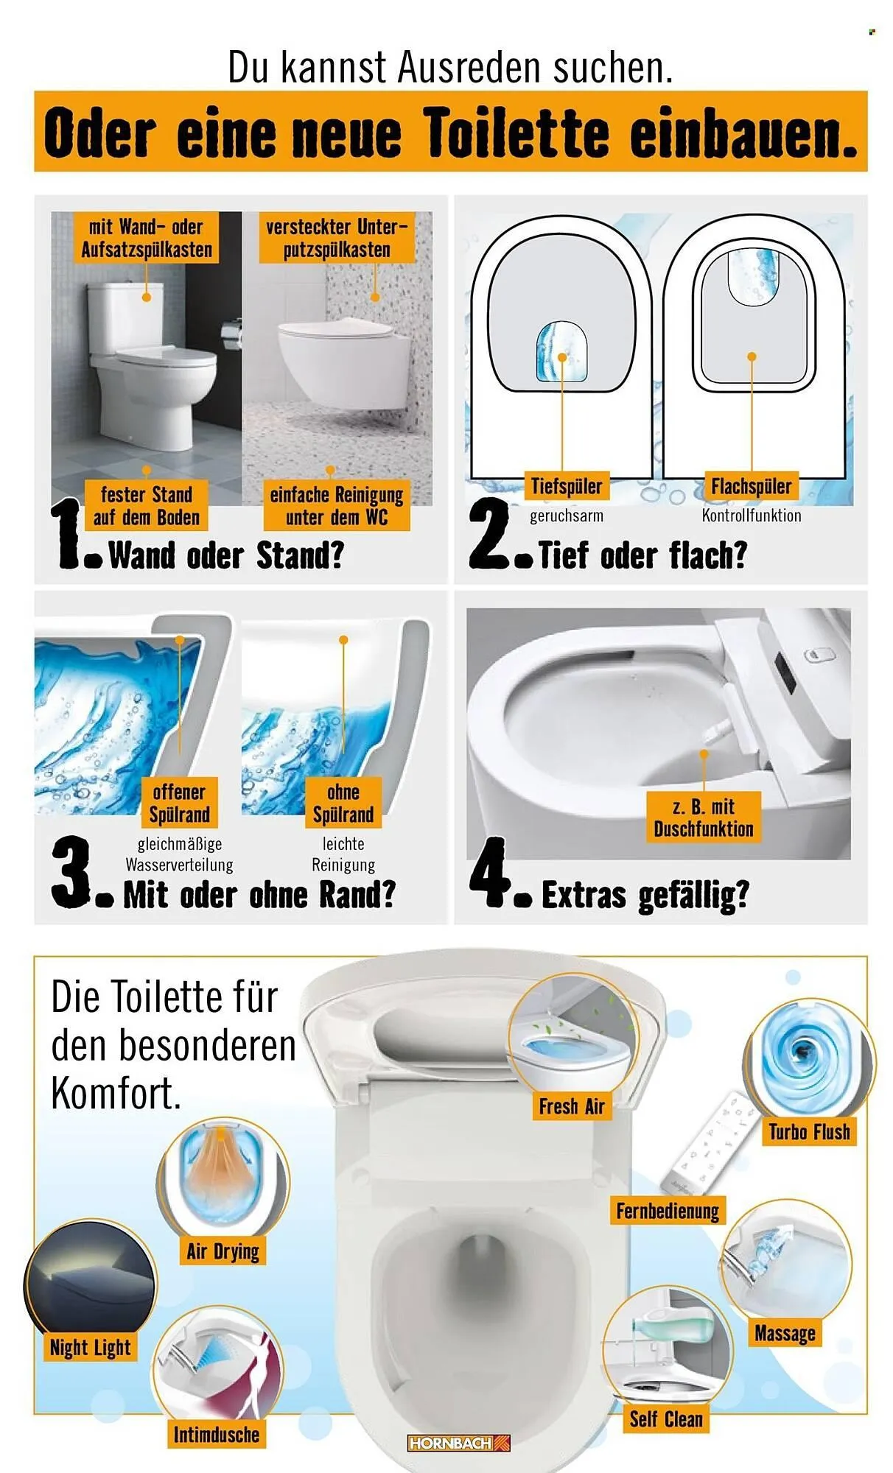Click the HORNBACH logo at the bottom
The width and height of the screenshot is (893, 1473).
pyautogui.click(x=458, y=1443)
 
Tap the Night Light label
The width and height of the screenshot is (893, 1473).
pyautogui.click(x=90, y=1348)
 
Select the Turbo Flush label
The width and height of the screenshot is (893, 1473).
pyautogui.click(x=809, y=1131)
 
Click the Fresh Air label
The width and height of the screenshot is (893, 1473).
pyautogui.click(x=571, y=1106)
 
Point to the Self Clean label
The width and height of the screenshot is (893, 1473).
pyautogui.click(x=665, y=1418)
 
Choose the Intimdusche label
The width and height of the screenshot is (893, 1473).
pyautogui.click(x=216, y=1434)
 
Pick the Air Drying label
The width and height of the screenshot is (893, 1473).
pyautogui.click(x=223, y=1251)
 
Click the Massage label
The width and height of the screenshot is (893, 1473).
pyautogui.click(x=785, y=1333)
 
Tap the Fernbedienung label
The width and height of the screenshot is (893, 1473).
pyautogui.click(x=667, y=1211)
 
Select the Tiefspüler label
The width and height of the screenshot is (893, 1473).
pyautogui.click(x=566, y=486)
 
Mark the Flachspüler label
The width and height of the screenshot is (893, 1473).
pyautogui.click(x=751, y=486)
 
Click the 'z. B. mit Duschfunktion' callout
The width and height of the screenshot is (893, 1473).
pyautogui.click(x=703, y=818)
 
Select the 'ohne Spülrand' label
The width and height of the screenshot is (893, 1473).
pyautogui.click(x=343, y=804)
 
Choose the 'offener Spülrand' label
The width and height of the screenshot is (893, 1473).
pyautogui.click(x=179, y=804)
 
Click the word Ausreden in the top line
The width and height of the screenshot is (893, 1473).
pyautogui.click(x=469, y=68)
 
